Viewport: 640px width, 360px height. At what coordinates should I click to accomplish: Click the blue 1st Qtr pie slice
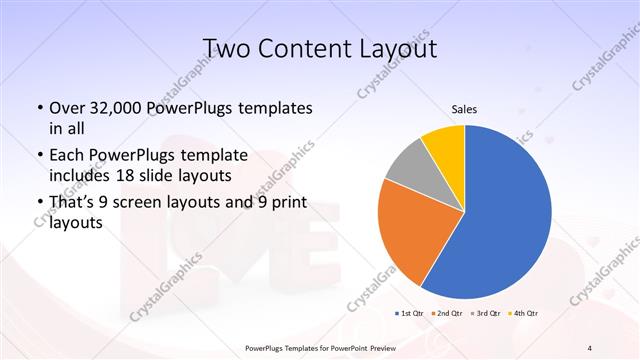point(505,220)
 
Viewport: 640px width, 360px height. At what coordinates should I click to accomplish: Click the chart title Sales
point(464,109)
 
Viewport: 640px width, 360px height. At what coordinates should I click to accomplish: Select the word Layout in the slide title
point(400,47)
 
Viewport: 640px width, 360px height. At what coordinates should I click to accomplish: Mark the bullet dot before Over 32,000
point(39,108)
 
